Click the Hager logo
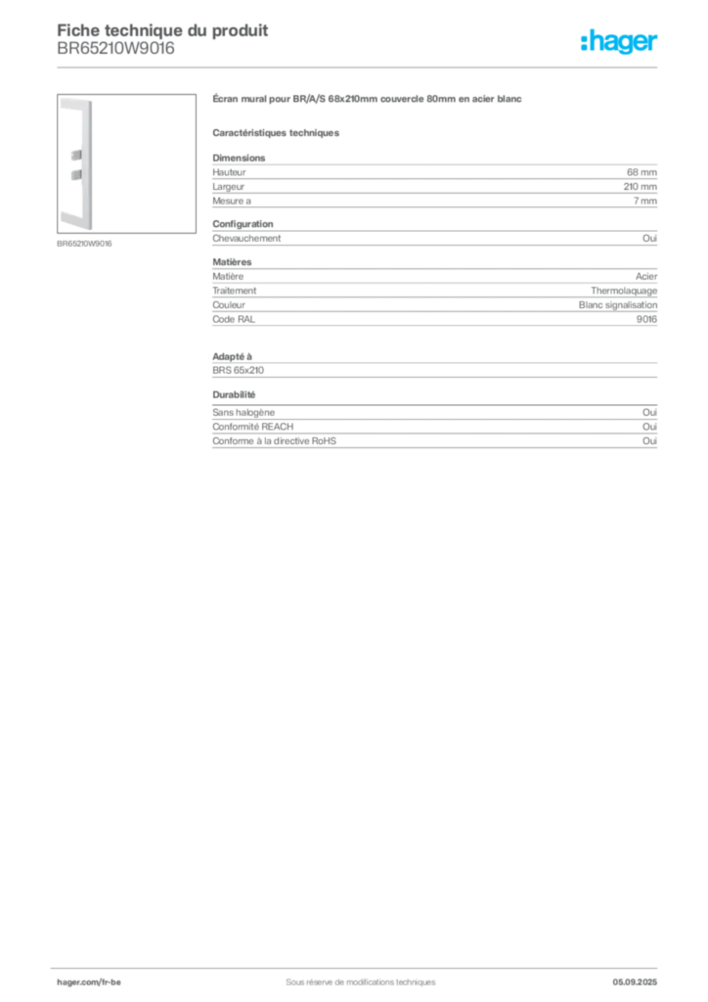[619, 41]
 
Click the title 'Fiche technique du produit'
[162, 30]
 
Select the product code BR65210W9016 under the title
[115, 49]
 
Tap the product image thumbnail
[126, 163]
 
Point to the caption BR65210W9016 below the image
[84, 244]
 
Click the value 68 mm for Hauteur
[642, 172]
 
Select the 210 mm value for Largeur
[641, 187]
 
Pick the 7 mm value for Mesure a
[644, 201]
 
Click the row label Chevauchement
[246, 239]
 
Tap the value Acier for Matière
[646, 276]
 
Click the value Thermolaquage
[624, 291]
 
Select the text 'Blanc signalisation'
[618, 305]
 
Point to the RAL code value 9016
[646, 319]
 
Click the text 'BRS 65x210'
[239, 370]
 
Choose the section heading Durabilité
[234, 395]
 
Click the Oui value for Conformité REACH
[650, 427]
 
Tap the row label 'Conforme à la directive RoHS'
[274, 441]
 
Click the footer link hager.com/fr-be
[89, 982]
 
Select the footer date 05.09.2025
[635, 982]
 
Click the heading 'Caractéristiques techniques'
[276, 133]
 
